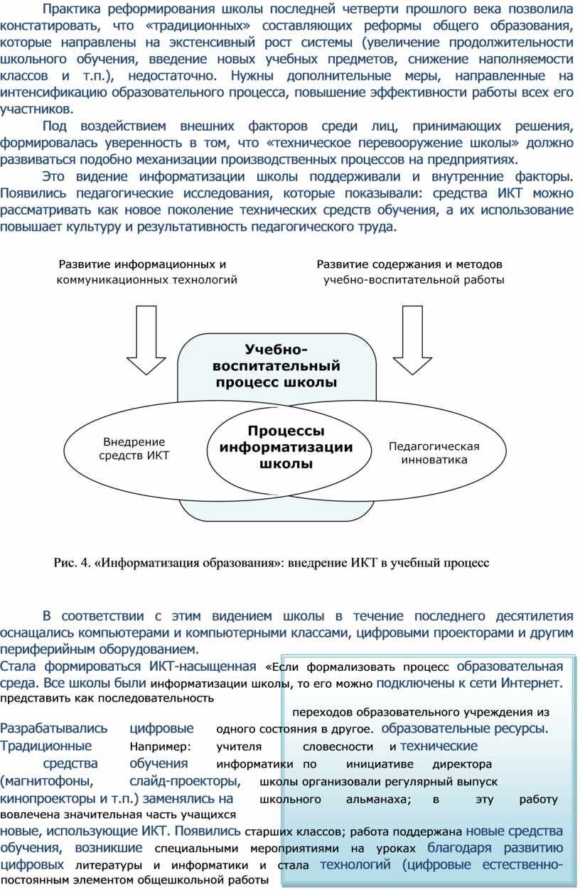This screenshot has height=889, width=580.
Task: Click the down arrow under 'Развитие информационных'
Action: [146, 340]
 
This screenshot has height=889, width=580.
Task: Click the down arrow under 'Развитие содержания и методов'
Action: [412, 340]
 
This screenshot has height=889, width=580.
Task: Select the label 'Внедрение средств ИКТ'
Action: [134, 448]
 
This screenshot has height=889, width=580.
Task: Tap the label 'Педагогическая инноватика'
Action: [434, 453]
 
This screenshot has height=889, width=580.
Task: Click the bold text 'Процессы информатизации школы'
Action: [286, 447]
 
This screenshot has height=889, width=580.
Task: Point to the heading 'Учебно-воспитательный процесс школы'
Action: [276, 365]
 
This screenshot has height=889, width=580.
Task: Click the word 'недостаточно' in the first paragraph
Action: [172, 75]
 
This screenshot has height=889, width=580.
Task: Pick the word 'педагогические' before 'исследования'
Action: [124, 193]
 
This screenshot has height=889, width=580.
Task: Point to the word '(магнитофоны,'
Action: [46, 781]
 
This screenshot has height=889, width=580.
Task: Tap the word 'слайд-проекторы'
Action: [186, 781]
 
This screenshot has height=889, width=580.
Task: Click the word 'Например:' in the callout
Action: [161, 747]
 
